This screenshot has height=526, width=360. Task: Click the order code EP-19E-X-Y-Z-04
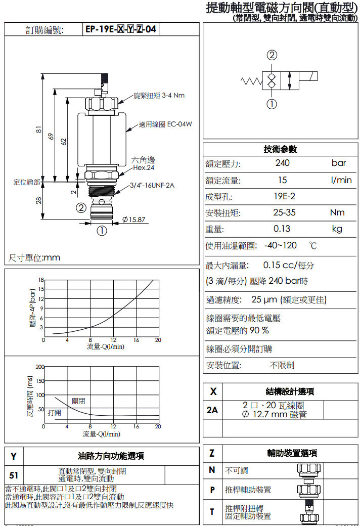[x=120, y=29]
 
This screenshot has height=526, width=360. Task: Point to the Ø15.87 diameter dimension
[x=133, y=220]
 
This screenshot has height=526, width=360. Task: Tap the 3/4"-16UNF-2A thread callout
[x=152, y=186]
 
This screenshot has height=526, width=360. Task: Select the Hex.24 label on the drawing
[x=144, y=167]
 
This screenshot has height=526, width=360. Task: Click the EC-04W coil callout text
[x=165, y=124]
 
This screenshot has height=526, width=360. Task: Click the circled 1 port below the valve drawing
[x=102, y=231]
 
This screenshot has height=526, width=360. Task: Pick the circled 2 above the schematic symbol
[x=272, y=55]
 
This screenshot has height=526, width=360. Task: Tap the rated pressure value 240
[x=283, y=163]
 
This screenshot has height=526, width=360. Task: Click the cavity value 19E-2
[x=285, y=196]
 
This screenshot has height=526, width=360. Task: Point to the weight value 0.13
[x=282, y=229]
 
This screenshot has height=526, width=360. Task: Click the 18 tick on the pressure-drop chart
[x=41, y=280]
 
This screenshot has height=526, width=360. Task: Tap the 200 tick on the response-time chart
[x=39, y=366]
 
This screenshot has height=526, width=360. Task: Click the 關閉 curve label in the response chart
[x=78, y=401]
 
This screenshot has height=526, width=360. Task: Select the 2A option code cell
[x=212, y=410]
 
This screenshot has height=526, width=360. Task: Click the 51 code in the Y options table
[x=14, y=475]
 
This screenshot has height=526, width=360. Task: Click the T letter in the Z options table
[x=212, y=511]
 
